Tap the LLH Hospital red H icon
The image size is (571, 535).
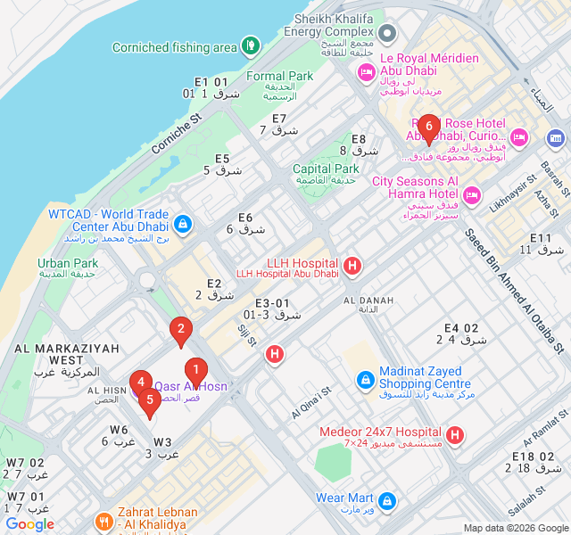pyautogui.click(x=352, y=265)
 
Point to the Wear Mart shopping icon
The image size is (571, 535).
pyautogui.click(x=386, y=500)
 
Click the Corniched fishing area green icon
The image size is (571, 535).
pyautogui.click(x=251, y=44)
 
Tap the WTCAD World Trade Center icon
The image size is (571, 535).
pyautogui.click(x=183, y=224)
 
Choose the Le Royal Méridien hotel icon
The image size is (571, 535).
pyautogui.click(x=365, y=74)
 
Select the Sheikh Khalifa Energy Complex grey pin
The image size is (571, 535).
pyautogui.click(x=387, y=34)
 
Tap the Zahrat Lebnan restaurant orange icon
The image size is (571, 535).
pyautogui.click(x=104, y=522)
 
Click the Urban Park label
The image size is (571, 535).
pyautogui.click(x=68, y=263)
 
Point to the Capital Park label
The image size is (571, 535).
pyautogui.click(x=326, y=169)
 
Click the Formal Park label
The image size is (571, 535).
pyautogui.click(x=279, y=77)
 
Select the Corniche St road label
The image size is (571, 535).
pyautogui.click(x=178, y=131)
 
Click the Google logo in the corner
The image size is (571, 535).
pyautogui.click(x=29, y=524)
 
